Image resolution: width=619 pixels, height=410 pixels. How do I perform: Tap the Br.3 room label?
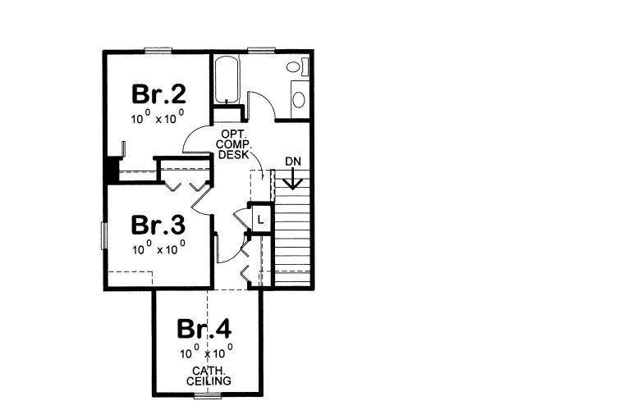coord(158,224)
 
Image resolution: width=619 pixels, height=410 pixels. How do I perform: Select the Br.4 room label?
coord(204,329)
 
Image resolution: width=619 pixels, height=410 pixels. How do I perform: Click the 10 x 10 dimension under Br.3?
coord(158,246)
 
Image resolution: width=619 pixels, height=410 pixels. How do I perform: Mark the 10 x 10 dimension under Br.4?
coord(207,353)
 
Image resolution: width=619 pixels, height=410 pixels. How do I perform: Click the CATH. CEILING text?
coord(207,376)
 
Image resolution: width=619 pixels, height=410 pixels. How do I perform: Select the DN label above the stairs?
coord(291,161)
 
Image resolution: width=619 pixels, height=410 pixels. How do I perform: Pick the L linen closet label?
coord(259,220)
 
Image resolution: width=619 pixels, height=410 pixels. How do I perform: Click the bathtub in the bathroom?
coord(226,80)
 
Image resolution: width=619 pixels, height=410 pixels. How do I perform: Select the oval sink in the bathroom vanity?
coord(298,99)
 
